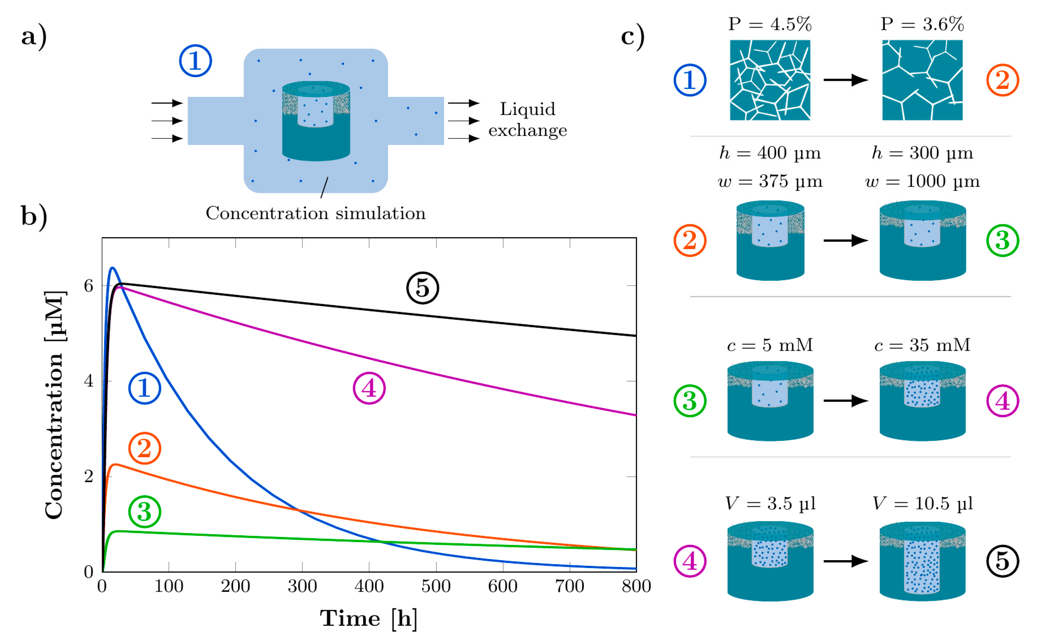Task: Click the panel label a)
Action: tap(34, 36)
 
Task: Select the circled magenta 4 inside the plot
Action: tap(369, 388)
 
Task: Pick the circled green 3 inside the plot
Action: tap(145, 512)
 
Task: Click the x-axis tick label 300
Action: tap(302, 586)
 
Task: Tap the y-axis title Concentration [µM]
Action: tap(55, 405)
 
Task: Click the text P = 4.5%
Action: tap(770, 24)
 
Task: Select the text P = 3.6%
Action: tap(922, 24)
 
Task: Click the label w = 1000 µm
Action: tap(922, 182)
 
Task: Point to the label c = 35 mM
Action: tap(922, 345)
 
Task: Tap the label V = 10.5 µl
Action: tap(922, 504)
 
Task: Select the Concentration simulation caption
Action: tap(316, 213)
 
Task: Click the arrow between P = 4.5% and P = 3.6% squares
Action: tap(845, 80)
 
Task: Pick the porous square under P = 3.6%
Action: tap(922, 80)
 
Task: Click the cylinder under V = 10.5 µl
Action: tap(922, 562)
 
